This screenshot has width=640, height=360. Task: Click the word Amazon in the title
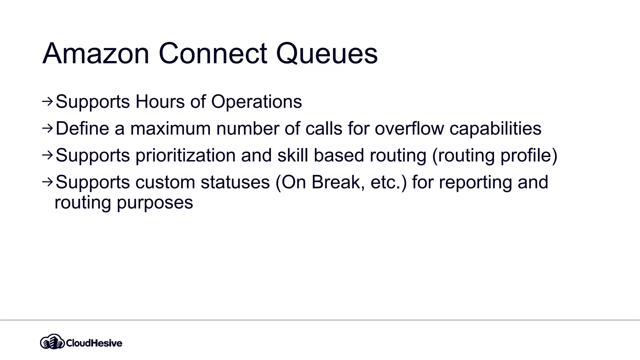[96, 54]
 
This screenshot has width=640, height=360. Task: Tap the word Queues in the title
[327, 54]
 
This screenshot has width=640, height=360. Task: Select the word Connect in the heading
[213, 54]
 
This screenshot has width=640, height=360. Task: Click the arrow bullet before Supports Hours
[47, 101]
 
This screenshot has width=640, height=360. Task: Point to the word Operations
[257, 102]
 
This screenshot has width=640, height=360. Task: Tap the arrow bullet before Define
[47, 128]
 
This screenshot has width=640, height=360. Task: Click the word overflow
[409, 128]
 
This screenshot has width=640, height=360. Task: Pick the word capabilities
[495, 128]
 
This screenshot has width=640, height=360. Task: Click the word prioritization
[185, 156]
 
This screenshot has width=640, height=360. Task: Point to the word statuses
[235, 182]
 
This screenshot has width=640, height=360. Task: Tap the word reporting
[475, 183]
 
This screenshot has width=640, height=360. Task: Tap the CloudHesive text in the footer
[94, 343]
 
